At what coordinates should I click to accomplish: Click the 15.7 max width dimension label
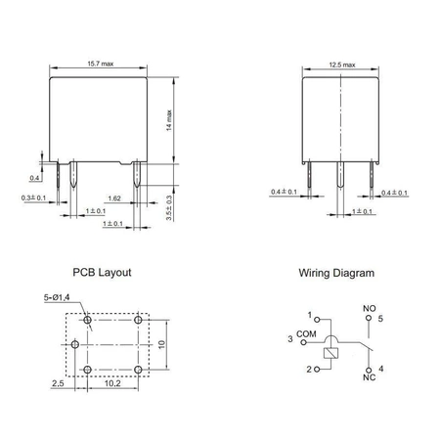[101, 64]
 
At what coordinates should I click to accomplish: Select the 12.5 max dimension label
[342, 65]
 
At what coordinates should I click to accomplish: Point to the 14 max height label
[169, 120]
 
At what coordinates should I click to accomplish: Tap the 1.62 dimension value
[114, 198]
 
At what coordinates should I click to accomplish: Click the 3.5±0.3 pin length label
[169, 208]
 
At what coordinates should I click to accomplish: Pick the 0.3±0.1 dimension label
[33, 198]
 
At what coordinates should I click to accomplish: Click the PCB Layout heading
[102, 273]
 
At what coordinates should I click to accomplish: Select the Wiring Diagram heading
[336, 273]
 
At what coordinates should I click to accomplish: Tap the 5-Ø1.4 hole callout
[57, 297]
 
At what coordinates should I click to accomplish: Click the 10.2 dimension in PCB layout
[112, 383]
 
